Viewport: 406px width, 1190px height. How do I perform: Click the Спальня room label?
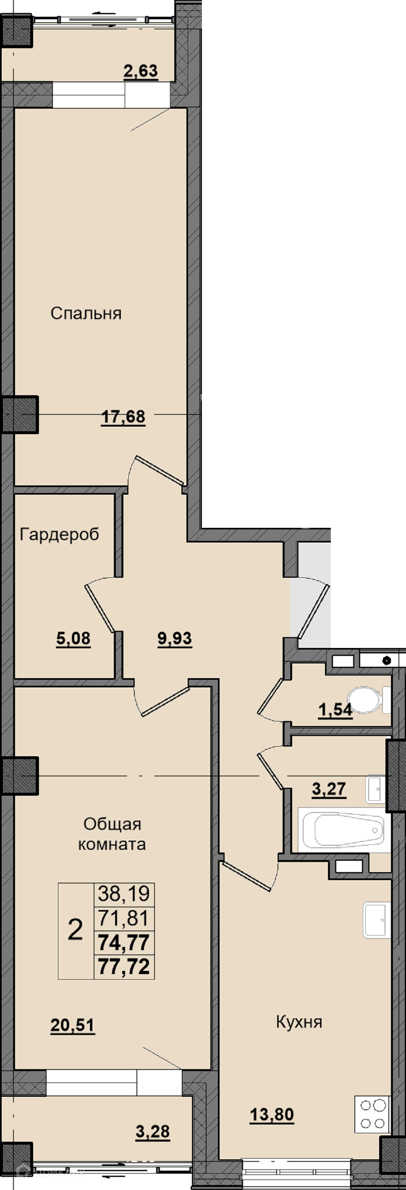pyautogui.click(x=86, y=313)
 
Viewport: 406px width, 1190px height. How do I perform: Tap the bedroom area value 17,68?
pyautogui.click(x=123, y=417)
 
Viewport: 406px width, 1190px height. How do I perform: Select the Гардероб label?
pyautogui.click(x=60, y=535)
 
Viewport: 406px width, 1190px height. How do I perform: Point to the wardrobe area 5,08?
pyautogui.click(x=73, y=639)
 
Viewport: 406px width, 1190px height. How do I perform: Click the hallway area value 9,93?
pyautogui.click(x=175, y=639)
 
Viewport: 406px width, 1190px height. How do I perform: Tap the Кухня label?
pyautogui.click(x=299, y=1022)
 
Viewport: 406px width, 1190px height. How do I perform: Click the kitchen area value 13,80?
pyautogui.click(x=272, y=1115)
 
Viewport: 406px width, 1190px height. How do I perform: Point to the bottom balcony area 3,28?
pyautogui.click(x=153, y=1132)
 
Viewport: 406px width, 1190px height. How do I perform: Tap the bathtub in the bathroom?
pyautogui.click(x=345, y=830)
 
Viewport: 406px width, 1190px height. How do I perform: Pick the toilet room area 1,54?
pyautogui.click(x=336, y=710)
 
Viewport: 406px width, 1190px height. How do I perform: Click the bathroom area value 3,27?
pyautogui.click(x=329, y=789)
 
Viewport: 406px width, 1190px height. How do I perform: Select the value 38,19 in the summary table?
pyautogui.click(x=124, y=894)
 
